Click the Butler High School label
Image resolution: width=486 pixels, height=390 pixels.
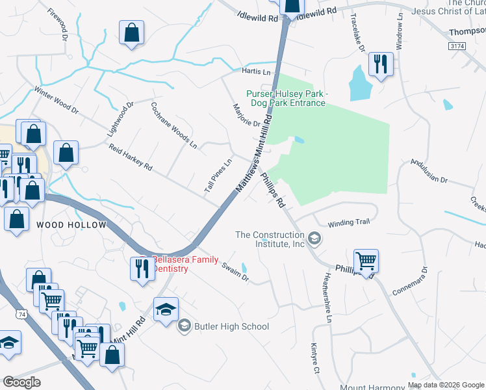click(231, 326)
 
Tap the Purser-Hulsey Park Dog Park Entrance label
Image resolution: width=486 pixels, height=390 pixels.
click(286, 98)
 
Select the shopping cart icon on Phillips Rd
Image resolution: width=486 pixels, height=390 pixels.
click(366, 261)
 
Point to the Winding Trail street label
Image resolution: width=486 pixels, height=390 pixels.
click(349, 222)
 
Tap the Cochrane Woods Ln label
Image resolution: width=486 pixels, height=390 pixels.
click(173, 123)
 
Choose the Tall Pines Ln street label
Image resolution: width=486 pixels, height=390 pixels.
click(218, 176)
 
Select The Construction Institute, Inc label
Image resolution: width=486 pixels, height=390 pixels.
click(270, 239)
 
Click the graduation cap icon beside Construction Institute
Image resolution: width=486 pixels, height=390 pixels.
click(314, 239)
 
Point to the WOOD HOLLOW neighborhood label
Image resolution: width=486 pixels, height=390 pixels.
click(71, 225)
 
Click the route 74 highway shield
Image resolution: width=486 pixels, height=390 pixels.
click(23, 314)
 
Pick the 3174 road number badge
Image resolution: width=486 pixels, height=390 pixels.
click(457, 46)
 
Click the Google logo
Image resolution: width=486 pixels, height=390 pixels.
click(21, 382)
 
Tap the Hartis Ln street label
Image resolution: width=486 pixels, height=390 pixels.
click(255, 71)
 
